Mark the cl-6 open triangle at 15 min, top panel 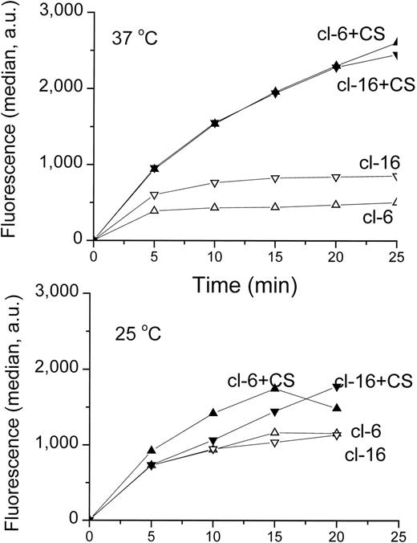click(276, 207)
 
